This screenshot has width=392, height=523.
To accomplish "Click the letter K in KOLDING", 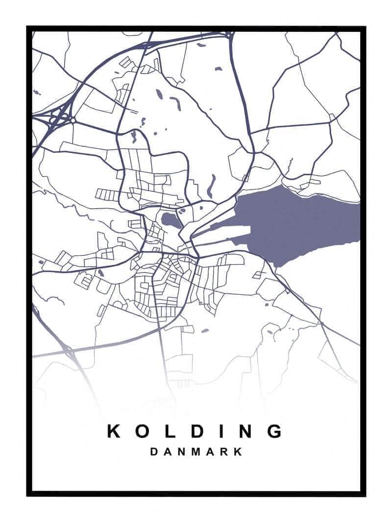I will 114,431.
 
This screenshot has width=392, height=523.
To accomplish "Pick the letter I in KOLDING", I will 220,431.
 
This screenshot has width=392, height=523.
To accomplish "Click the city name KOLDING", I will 195,431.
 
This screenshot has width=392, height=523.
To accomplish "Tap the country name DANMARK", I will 196,451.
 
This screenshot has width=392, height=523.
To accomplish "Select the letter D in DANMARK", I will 154,451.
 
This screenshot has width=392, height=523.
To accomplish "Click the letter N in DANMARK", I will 181,451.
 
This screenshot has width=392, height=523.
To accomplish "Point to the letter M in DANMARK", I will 196,451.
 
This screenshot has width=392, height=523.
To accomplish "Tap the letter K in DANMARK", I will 238,451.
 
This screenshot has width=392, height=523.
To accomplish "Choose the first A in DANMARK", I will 168,451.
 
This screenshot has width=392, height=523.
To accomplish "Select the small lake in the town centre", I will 171,221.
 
